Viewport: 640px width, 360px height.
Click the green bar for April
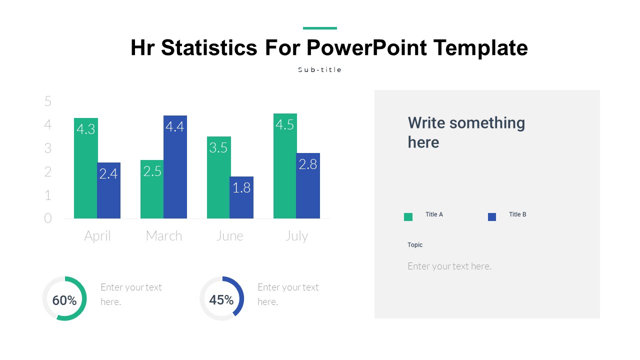coord(85,168)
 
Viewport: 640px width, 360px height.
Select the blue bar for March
coord(175,167)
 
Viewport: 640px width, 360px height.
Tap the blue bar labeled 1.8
coord(241,197)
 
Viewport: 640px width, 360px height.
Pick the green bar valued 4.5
coord(285,166)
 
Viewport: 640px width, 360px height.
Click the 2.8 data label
coord(307,164)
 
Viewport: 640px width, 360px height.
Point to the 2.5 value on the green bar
coord(152,171)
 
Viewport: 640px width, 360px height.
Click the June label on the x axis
coord(229,236)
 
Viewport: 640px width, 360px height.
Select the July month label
coord(296,236)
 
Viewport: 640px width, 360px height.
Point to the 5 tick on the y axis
coord(48,101)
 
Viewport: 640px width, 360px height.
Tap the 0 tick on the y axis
coord(47,218)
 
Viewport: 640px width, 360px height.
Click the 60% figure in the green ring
coord(64,300)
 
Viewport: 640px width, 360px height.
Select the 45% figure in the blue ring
coord(221,299)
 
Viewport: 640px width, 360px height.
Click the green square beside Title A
coord(408,217)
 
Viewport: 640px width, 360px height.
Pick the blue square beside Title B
coord(491,217)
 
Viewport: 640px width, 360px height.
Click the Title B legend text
coord(517,214)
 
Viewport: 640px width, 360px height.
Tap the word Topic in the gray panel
coord(415,245)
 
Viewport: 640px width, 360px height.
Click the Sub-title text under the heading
coord(319,69)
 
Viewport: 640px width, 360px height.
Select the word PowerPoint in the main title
coord(366,47)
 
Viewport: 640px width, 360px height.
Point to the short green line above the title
coord(319,28)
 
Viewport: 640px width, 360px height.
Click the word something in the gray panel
coord(487,123)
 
